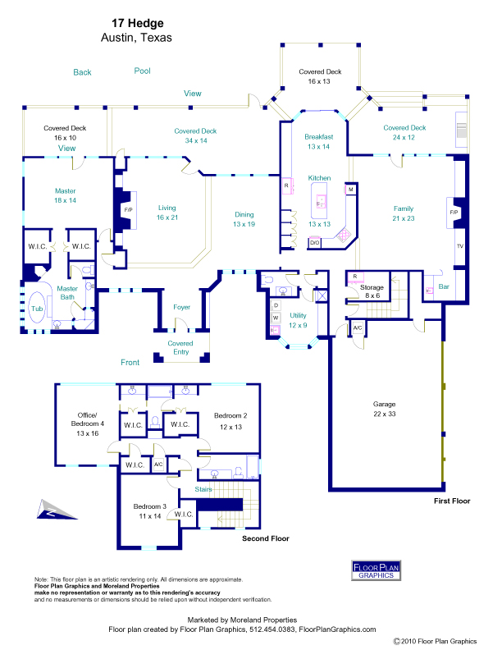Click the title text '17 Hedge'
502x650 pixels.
point(136,25)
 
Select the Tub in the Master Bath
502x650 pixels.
point(37,309)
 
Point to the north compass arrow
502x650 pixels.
point(47,510)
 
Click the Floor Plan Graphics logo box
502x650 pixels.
point(378,570)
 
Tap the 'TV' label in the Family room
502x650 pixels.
point(459,245)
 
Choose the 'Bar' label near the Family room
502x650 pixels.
point(444,286)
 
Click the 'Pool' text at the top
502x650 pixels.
point(143,71)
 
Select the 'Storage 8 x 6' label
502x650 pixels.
point(373,292)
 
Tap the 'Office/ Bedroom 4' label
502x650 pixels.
point(87,423)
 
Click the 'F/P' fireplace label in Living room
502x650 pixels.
point(128,209)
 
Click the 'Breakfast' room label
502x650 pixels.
point(318,136)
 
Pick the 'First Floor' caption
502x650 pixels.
point(452,500)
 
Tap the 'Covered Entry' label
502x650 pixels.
point(180,348)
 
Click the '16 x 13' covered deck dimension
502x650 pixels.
point(319,82)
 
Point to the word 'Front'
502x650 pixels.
point(130,362)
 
